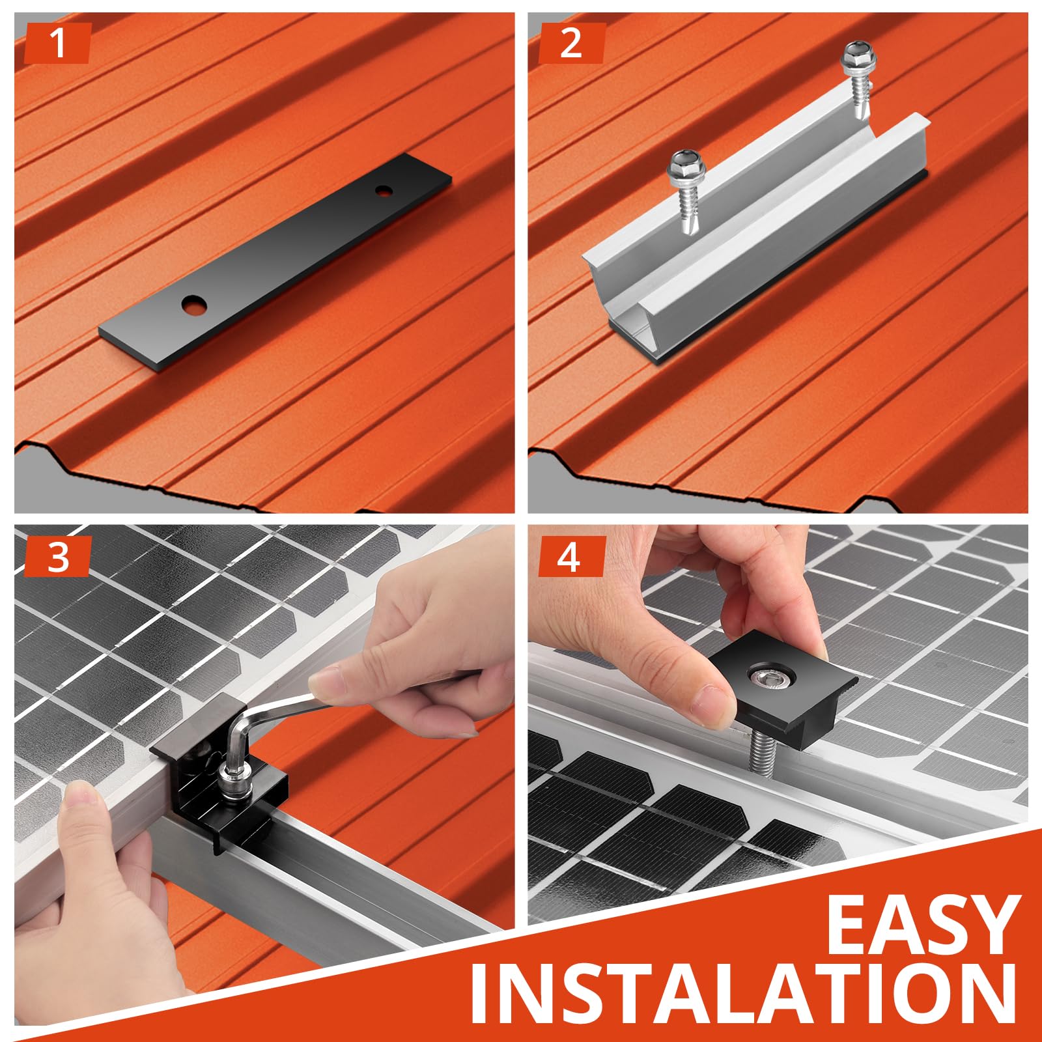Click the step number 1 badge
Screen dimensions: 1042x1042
[x=57, y=43]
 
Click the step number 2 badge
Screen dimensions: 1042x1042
[x=572, y=43]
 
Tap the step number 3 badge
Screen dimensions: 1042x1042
[x=57, y=557]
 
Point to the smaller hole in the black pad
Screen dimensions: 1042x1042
[x=382, y=191]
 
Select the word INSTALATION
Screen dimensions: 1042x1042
[x=743, y=1000]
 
